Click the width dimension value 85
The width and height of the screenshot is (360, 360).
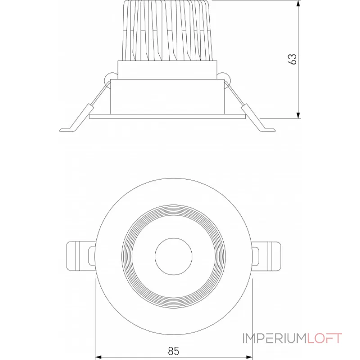(173, 351)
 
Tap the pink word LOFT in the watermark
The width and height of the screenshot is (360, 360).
(324, 338)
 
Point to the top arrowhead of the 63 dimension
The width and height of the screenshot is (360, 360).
(298, 4)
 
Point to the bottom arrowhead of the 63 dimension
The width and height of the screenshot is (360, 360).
(298, 115)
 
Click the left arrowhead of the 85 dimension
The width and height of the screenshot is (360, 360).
(99, 357)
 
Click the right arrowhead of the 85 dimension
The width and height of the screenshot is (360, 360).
(249, 357)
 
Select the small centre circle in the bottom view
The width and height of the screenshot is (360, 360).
(174, 256)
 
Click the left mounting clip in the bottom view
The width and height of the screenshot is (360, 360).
(81, 256)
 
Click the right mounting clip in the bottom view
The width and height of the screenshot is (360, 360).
(266, 256)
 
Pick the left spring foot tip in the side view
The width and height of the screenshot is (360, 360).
(60, 130)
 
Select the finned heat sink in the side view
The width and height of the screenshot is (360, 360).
(168, 31)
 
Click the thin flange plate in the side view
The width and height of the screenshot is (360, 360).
(167, 117)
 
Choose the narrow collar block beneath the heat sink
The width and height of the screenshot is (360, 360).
(167, 70)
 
